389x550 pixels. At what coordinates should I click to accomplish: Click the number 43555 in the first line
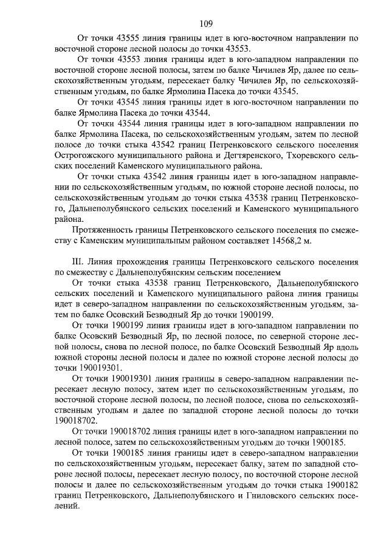(126, 38)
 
